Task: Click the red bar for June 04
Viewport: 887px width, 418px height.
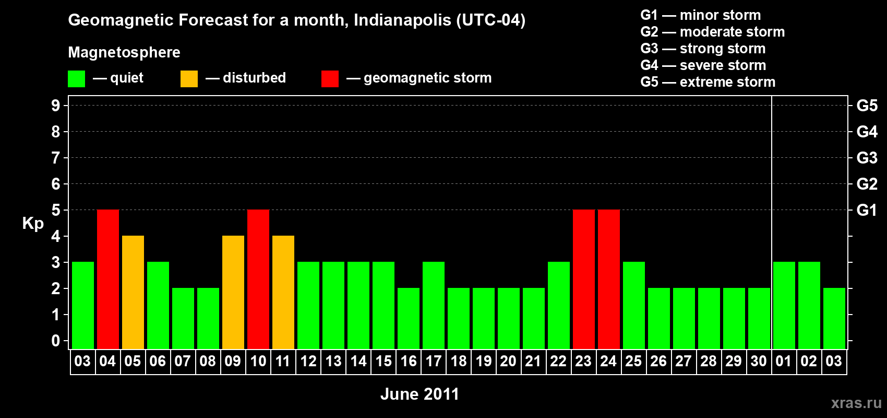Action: [x=108, y=279]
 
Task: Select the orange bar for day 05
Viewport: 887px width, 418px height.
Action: [x=133, y=292]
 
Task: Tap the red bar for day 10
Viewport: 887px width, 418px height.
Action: [x=258, y=279]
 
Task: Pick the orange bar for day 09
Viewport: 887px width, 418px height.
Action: [x=233, y=292]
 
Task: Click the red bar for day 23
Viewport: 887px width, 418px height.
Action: [x=584, y=279]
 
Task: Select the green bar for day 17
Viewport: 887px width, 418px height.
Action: [x=434, y=305]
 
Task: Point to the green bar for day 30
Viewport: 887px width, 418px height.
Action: [x=759, y=318]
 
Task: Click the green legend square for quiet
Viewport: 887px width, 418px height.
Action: [x=76, y=79]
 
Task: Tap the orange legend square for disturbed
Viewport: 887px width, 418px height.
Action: [x=189, y=79]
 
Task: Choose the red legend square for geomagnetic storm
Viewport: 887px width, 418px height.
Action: [x=330, y=79]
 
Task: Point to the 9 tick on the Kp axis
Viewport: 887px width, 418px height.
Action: [x=56, y=106]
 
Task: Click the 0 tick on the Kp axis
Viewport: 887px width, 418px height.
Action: [x=56, y=341]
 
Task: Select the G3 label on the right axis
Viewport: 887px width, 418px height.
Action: [x=867, y=158]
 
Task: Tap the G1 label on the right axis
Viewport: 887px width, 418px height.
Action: [x=867, y=210]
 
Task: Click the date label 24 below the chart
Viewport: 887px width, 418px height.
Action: [x=608, y=362]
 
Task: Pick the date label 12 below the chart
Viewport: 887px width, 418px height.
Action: [x=308, y=362]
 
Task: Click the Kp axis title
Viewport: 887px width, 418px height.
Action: [x=33, y=224]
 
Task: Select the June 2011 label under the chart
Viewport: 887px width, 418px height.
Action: [x=419, y=394]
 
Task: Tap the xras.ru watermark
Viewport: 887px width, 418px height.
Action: [x=856, y=403]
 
